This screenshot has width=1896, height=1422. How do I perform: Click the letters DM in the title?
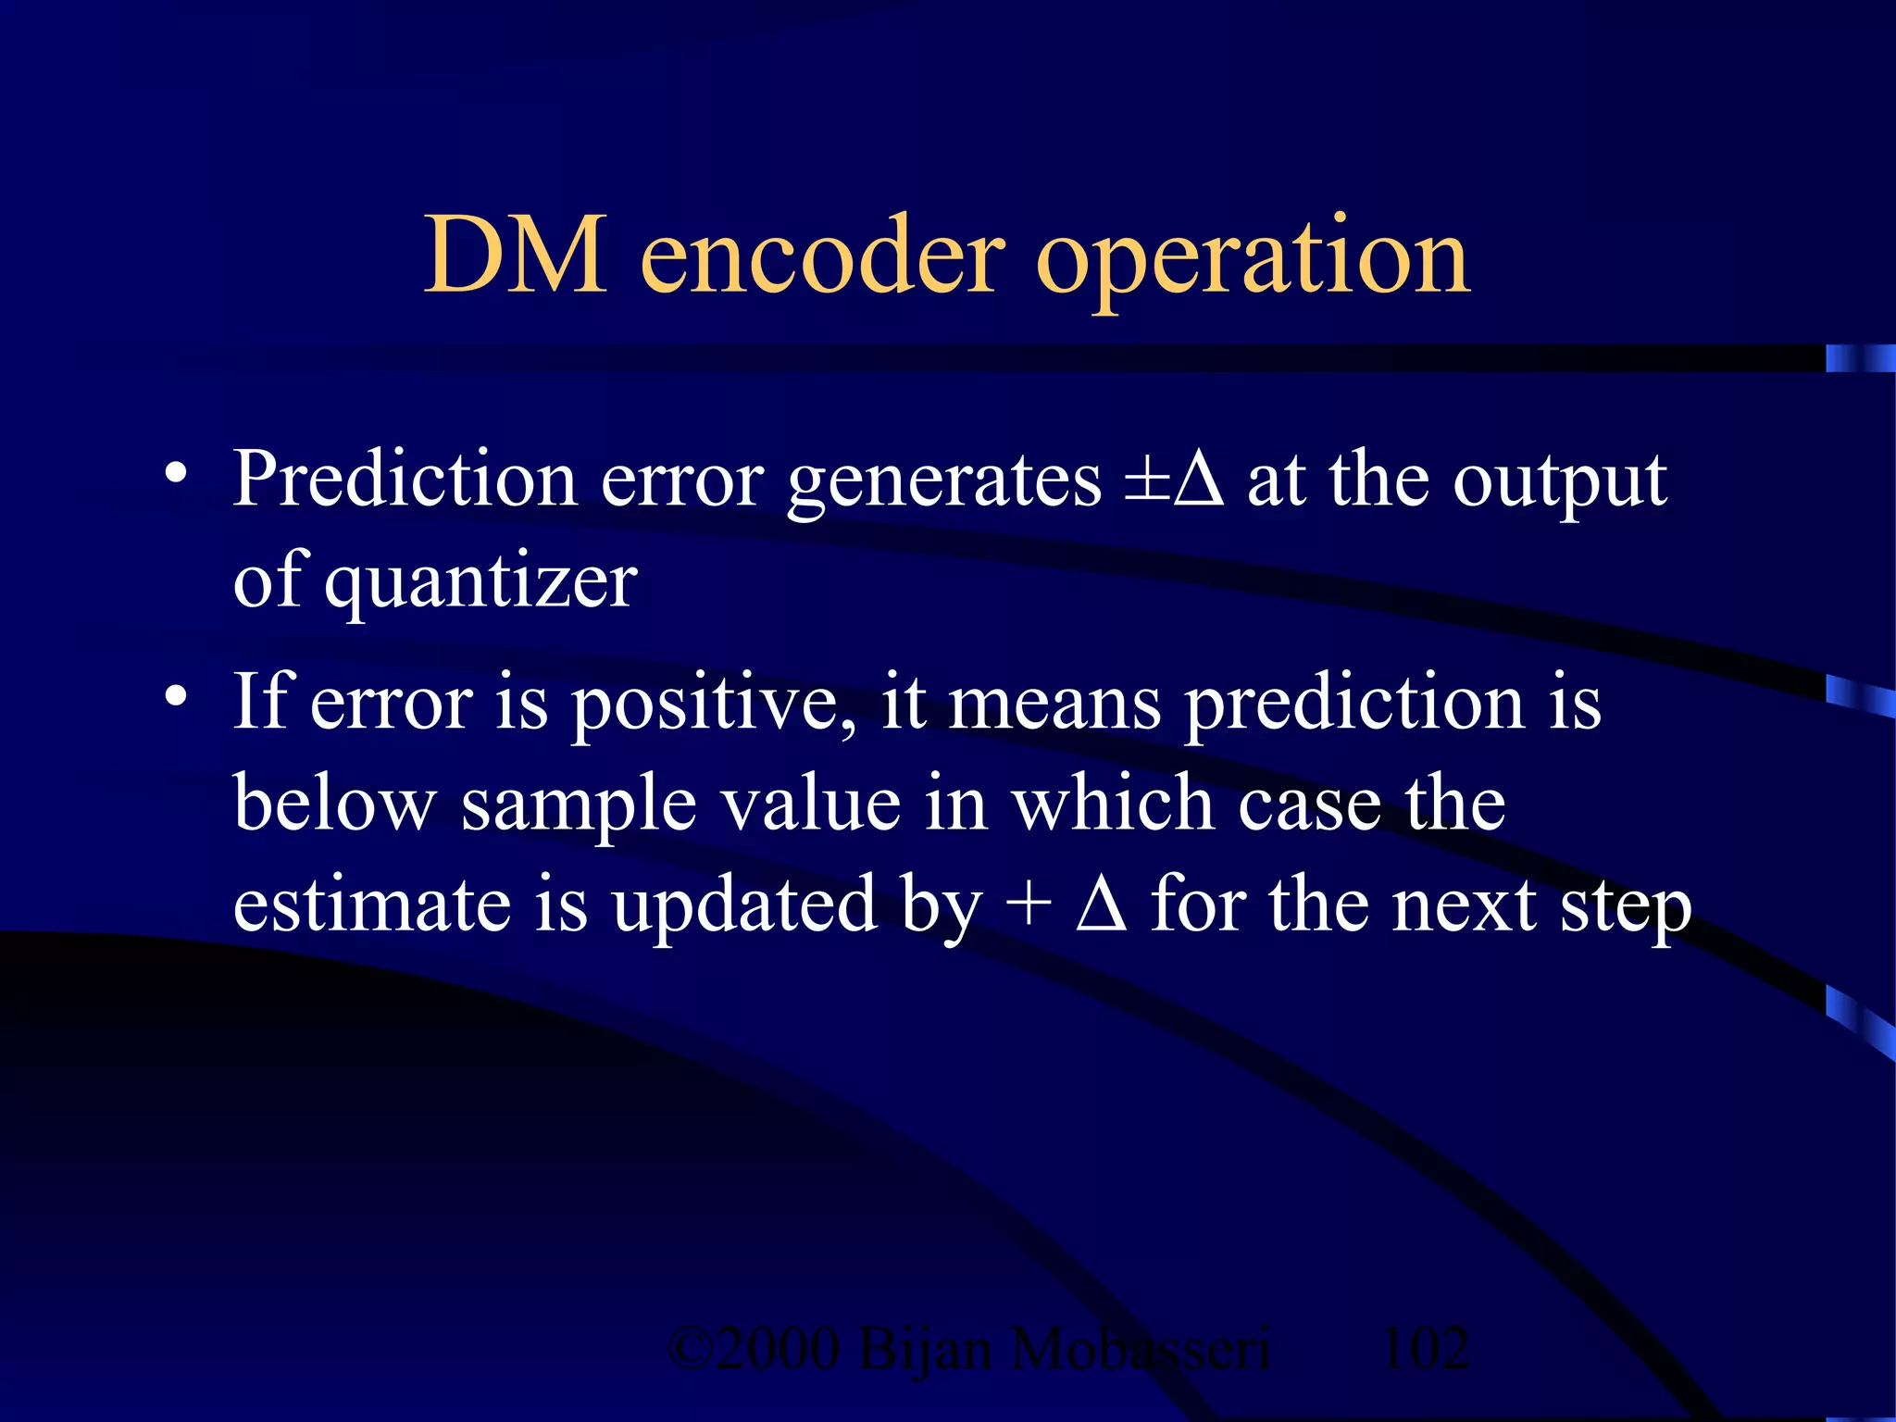(516, 255)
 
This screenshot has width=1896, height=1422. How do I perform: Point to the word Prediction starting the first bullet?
(405, 479)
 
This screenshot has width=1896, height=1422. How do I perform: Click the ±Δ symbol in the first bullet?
(1174, 480)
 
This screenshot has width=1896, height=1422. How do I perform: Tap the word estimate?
(370, 905)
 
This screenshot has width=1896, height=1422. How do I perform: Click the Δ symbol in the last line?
(1101, 904)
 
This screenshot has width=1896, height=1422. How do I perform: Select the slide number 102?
(1424, 1349)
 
